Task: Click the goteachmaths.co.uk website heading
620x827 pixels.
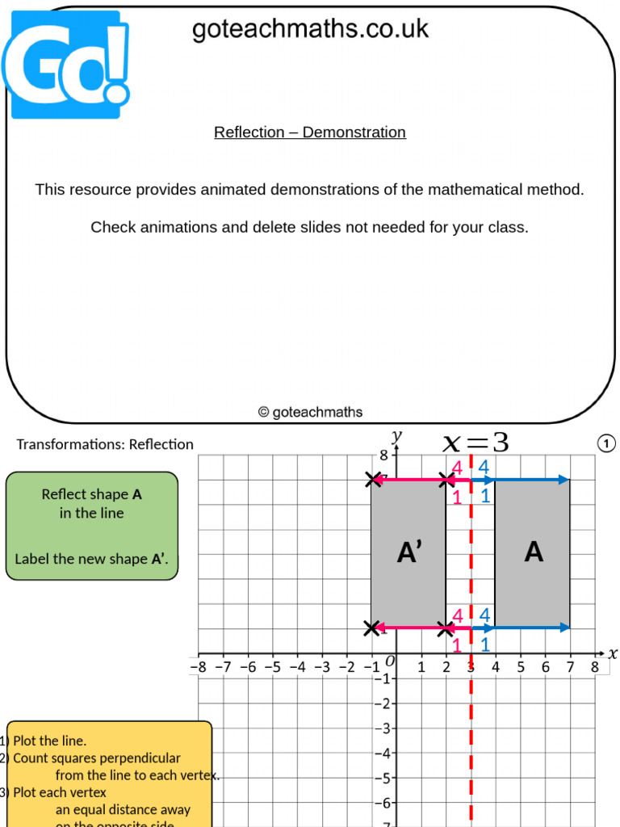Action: tap(310, 30)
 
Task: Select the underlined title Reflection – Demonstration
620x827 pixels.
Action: tap(310, 132)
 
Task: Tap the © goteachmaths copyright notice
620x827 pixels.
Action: tap(310, 412)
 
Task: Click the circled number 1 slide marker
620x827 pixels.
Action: tap(606, 443)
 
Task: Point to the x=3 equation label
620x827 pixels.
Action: tap(476, 442)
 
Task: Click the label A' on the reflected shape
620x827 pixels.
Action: tap(409, 552)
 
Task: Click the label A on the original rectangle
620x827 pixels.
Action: tap(533, 552)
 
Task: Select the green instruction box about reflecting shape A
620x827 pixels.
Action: tap(91, 526)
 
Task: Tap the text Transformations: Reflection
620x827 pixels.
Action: tap(105, 444)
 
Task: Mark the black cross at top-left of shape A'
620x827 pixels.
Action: tap(372, 480)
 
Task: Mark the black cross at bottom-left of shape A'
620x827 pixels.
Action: tap(371, 628)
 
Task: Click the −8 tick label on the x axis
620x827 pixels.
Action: tap(198, 667)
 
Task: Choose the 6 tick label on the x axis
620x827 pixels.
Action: tap(545, 667)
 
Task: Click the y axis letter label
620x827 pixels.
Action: tap(396, 436)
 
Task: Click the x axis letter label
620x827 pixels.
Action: tap(612, 653)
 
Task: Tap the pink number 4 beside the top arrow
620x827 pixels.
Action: tap(457, 467)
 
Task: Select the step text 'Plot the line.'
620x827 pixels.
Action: tap(49, 741)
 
